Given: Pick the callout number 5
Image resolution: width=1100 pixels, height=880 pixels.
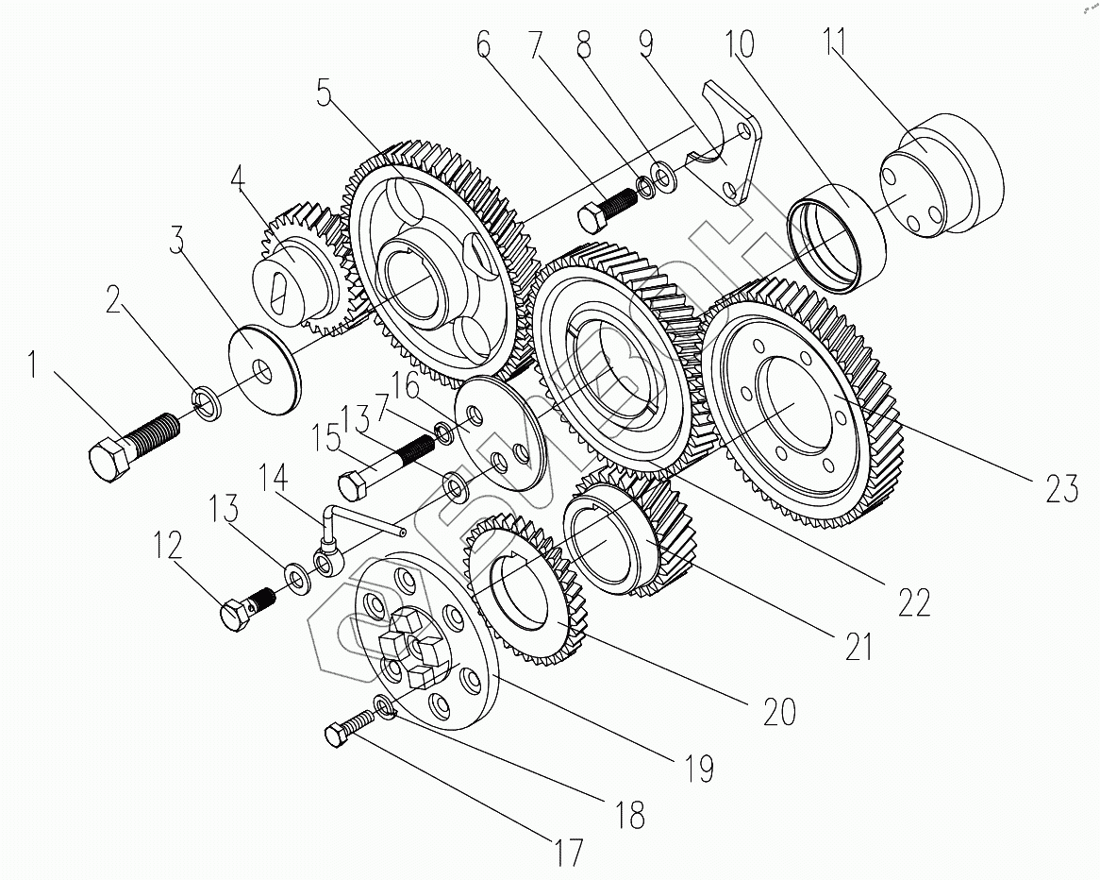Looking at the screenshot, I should click(x=324, y=98).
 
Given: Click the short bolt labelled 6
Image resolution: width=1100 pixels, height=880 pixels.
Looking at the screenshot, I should click(x=604, y=210).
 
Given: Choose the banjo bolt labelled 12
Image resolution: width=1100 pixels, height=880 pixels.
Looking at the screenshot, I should click(x=248, y=608).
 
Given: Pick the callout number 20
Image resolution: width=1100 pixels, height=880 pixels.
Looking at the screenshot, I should click(x=779, y=711).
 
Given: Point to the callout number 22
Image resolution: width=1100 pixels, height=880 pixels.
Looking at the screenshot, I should click(x=914, y=601).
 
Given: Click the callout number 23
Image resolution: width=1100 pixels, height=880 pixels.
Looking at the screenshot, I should click(x=1060, y=488).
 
